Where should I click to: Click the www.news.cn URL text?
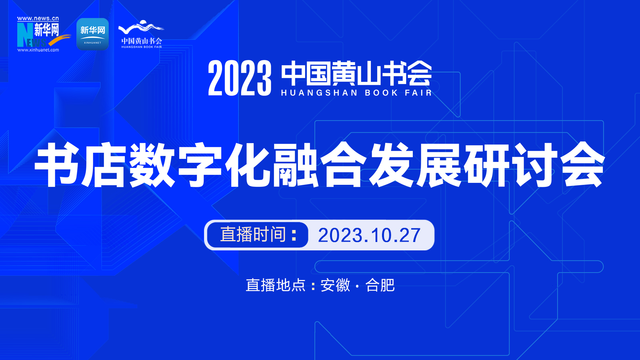[x=38, y=18]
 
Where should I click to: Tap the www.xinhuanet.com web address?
[x=38, y=50]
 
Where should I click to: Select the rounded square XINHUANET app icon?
[x=92, y=34]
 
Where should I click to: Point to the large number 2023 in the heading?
[x=240, y=78]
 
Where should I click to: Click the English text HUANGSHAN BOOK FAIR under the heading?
[x=356, y=92]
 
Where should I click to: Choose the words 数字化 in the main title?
[x=200, y=165]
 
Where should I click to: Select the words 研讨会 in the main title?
[x=534, y=165]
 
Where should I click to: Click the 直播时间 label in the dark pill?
[x=253, y=234]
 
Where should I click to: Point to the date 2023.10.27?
[x=369, y=236]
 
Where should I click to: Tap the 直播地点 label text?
[x=276, y=285]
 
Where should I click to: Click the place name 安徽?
[x=335, y=285]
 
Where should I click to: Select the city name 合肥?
[x=380, y=285]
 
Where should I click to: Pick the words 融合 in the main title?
[x=320, y=165]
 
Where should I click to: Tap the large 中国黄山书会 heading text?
[x=356, y=73]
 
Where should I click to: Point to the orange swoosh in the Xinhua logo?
[x=60, y=40]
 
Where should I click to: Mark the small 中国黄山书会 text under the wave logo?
[x=142, y=41]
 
